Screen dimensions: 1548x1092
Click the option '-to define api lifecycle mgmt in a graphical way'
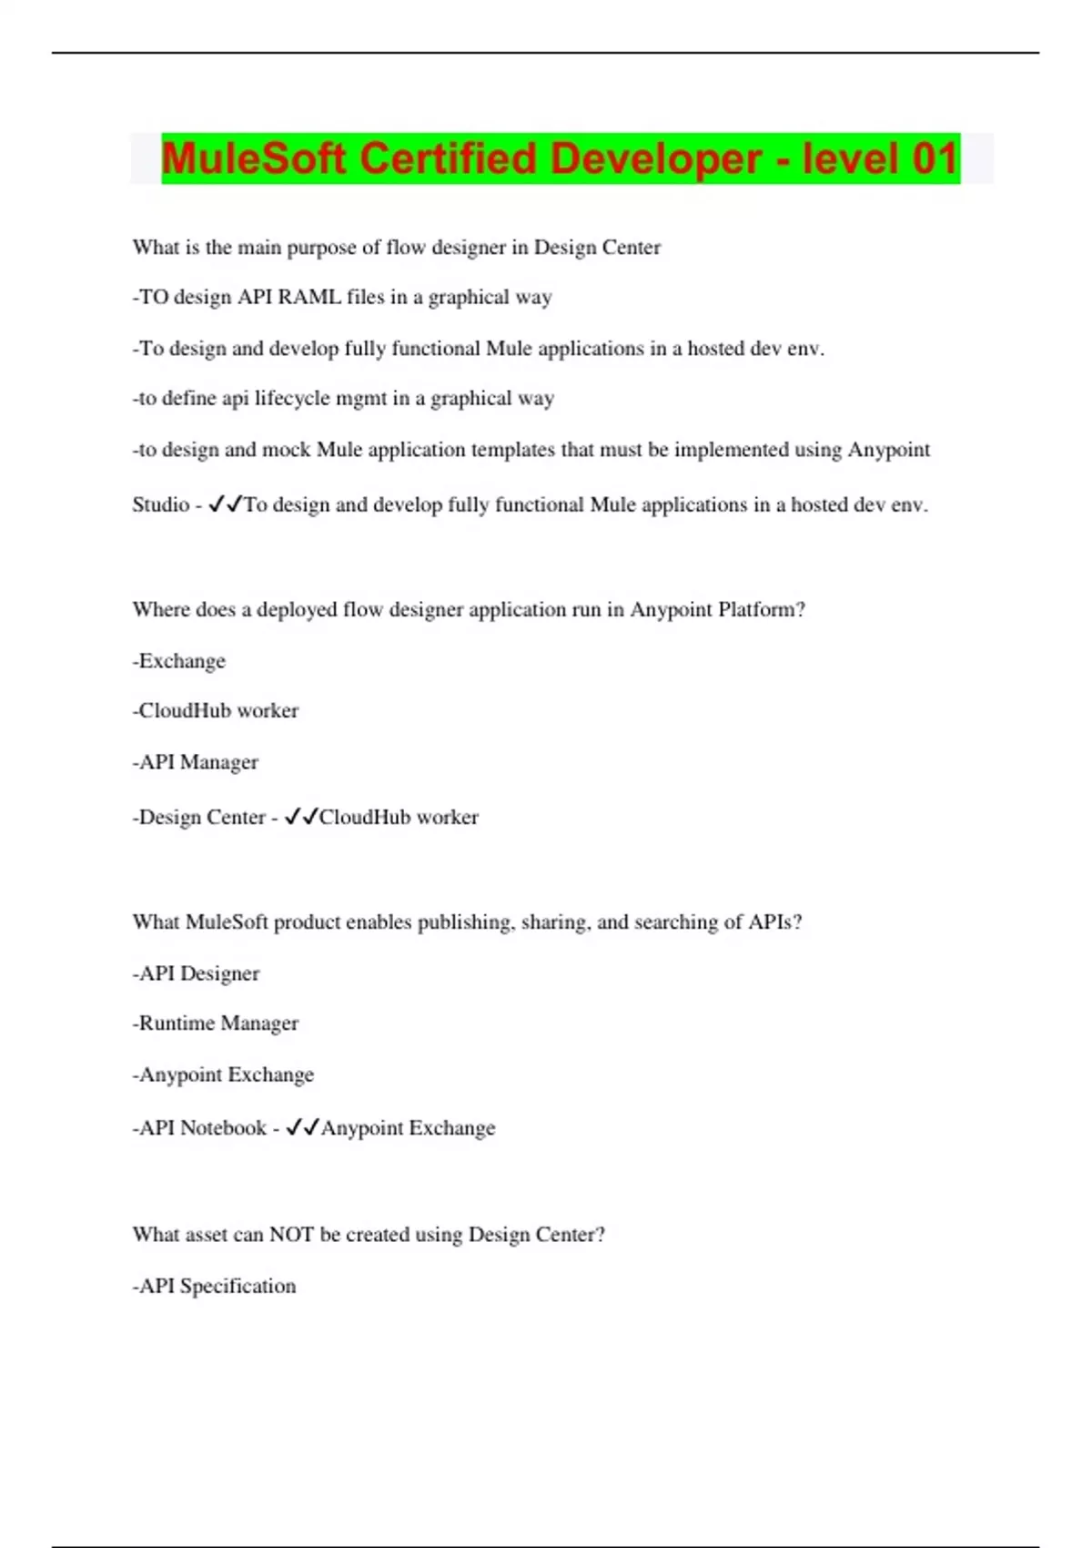pyautogui.click(x=343, y=399)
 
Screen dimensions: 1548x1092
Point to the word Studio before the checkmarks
pyautogui.click(x=160, y=504)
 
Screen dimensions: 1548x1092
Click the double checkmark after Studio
pyautogui.click(x=225, y=504)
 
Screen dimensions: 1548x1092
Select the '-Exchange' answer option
pyautogui.click(x=179, y=661)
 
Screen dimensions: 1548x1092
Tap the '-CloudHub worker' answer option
pyautogui.click(x=216, y=711)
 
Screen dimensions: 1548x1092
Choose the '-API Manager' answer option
pyautogui.click(x=196, y=762)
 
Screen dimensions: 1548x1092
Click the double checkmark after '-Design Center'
pyautogui.click(x=300, y=817)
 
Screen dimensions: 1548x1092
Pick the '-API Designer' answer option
pyautogui.click(x=196, y=973)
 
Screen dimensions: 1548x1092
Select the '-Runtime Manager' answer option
pyautogui.click(x=216, y=1024)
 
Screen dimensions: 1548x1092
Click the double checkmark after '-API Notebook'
pyautogui.click(x=302, y=1127)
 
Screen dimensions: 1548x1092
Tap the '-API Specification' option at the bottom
pyautogui.click(x=215, y=1286)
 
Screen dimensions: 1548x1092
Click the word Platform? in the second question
pyautogui.click(x=762, y=609)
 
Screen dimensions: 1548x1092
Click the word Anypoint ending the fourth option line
pyautogui.click(x=888, y=450)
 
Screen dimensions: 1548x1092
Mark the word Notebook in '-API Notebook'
pyautogui.click(x=223, y=1128)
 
